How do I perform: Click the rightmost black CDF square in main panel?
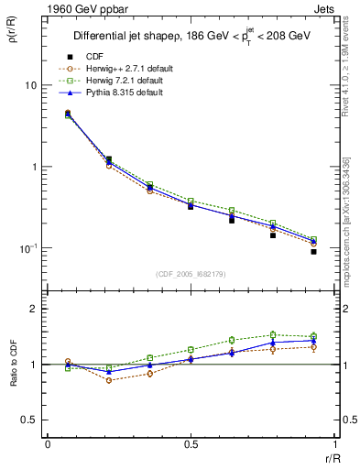(x=313, y=251)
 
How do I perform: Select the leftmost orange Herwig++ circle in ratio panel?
(x=68, y=361)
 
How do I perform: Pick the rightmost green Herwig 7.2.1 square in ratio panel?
(x=313, y=336)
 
